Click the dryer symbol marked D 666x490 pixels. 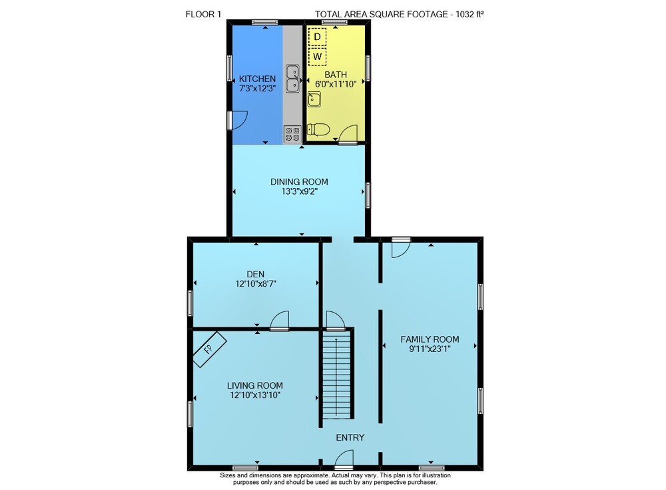[317, 37]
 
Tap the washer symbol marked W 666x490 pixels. [317, 57]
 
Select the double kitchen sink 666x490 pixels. [292, 79]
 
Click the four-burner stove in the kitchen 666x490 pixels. [292, 134]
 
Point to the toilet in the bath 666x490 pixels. [318, 129]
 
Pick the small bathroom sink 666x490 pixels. [314, 99]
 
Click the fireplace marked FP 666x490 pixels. [209, 349]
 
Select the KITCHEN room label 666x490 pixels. [257, 79]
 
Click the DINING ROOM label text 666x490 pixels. [299, 181]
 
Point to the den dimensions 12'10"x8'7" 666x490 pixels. [256, 284]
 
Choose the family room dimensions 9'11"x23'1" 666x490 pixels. [430, 349]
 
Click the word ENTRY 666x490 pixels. [350, 437]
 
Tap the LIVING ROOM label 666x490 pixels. [255, 385]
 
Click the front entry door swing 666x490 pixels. [344, 460]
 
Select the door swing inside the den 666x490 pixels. [280, 320]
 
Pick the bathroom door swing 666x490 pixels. [348, 134]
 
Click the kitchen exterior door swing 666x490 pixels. [238, 120]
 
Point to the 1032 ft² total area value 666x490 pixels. [470, 14]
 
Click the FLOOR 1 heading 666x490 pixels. [203, 14]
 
